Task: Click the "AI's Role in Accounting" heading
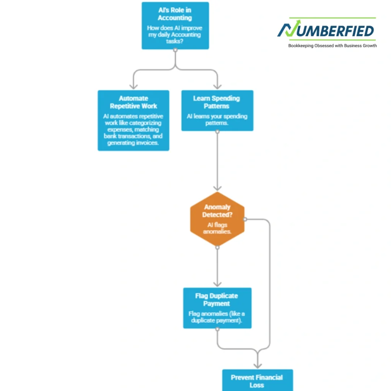175,14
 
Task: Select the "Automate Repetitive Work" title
133,102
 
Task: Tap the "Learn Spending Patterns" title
217,102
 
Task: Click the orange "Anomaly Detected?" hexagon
217,219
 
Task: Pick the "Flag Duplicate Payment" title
217,300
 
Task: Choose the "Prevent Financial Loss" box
258,380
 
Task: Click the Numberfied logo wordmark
326,29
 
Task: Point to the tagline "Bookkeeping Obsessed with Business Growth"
333,46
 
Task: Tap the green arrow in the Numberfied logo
293,28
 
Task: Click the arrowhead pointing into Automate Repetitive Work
134,87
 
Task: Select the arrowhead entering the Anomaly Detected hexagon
217,188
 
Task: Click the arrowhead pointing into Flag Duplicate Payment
217,284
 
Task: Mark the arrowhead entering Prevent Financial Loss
258,366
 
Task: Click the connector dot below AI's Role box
175,50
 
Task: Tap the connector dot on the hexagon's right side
245,219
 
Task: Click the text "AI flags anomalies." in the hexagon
217,228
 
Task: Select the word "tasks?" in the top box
174,41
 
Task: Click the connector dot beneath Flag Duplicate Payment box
217,329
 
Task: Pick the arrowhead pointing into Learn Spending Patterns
217,87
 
